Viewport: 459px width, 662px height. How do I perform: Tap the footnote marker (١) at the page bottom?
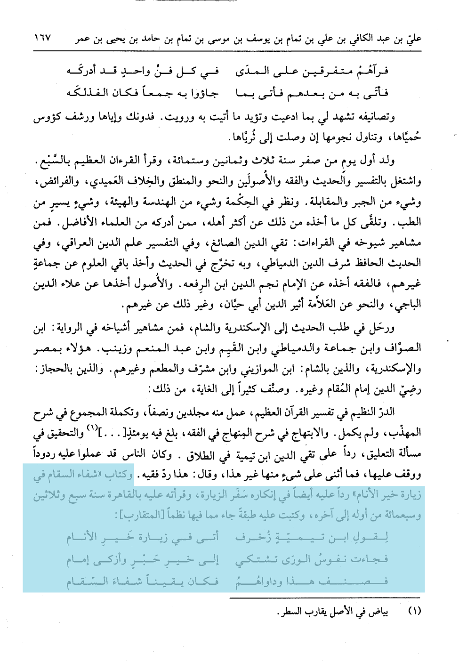click(414, 612)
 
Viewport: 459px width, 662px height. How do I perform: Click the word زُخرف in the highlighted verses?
click(247, 537)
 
